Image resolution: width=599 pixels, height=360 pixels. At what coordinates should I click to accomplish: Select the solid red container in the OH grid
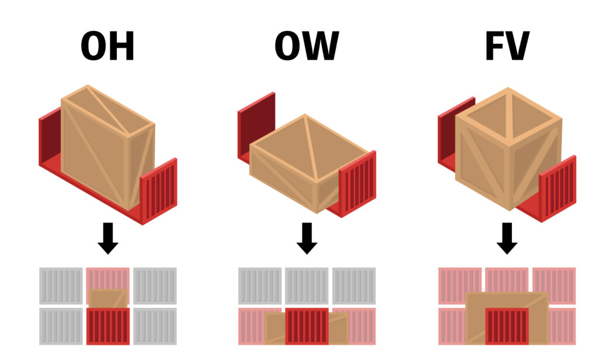coord(108,327)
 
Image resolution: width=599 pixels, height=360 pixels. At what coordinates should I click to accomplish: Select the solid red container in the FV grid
coord(507,327)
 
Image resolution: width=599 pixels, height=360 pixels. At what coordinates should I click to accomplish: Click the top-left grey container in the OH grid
coord(61,286)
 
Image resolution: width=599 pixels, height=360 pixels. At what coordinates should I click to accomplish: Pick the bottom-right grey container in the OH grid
coord(155,327)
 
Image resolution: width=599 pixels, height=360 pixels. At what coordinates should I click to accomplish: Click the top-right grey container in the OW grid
coord(354,286)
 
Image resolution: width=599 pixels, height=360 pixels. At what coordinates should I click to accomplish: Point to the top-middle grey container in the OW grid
coord(307,286)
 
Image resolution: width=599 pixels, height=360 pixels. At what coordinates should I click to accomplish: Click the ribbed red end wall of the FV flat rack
coord(557,187)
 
